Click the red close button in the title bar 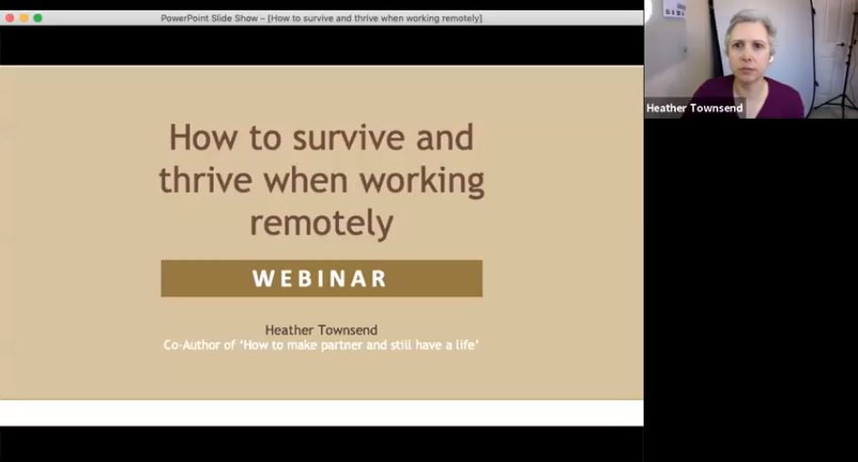click(9, 18)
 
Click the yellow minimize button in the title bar click(24, 18)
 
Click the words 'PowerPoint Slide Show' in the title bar click(210, 18)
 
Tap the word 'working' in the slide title click(422, 179)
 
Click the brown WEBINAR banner click(321, 278)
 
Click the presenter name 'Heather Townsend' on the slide click(321, 330)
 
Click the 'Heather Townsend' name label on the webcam click(694, 108)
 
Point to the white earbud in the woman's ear click(770, 58)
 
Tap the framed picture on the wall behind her click(675, 9)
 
